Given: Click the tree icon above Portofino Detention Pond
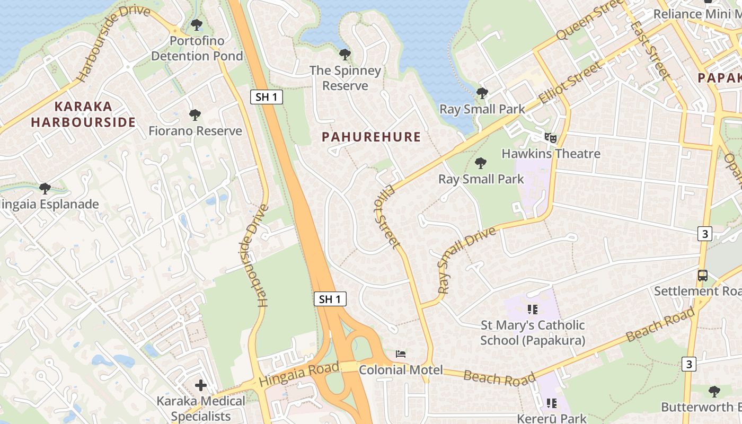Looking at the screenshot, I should (x=197, y=25).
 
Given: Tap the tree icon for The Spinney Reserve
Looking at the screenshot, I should (x=344, y=55).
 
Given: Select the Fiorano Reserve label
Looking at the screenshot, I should (x=195, y=131).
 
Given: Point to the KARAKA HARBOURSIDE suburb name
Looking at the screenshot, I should (x=83, y=114).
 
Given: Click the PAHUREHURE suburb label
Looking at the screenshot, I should (x=371, y=137).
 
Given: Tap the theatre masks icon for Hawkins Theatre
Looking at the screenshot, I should (x=551, y=138).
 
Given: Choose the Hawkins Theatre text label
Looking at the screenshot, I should (x=551, y=154).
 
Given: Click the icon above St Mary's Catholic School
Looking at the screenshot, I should (x=533, y=309).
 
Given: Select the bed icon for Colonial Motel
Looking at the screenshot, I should (x=401, y=354).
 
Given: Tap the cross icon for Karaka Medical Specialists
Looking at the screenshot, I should (x=201, y=385).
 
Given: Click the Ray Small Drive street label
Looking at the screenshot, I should (x=466, y=260).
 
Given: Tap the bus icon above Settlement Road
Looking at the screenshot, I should (x=702, y=276).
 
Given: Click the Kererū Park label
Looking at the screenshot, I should (x=552, y=418).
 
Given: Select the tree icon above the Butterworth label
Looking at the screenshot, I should (x=714, y=392).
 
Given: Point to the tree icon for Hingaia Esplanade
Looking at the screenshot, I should (x=45, y=188).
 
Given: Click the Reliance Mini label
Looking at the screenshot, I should (x=697, y=14).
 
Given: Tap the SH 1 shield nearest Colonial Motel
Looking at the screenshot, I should (x=330, y=299).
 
